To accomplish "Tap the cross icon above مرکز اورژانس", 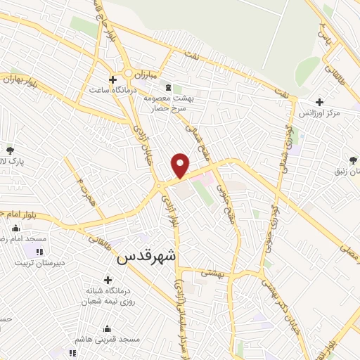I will (321, 102).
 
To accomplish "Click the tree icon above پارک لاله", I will (10, 150).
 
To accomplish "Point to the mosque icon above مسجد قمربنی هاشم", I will (107, 328).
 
